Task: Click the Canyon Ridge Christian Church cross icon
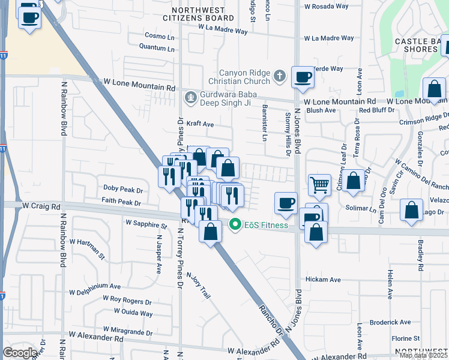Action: click(279, 76)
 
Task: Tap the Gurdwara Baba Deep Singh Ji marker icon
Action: click(190, 96)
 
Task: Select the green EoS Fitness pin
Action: click(235, 226)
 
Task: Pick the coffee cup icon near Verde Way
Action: click(303, 76)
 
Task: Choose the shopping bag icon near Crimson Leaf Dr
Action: click(354, 181)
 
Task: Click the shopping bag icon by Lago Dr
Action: click(412, 211)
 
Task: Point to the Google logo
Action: click(20, 353)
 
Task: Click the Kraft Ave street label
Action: click(200, 124)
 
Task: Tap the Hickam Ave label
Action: click(323, 280)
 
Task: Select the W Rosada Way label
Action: click(326, 7)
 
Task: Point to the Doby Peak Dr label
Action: click(122, 189)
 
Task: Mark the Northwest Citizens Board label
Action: click(198, 14)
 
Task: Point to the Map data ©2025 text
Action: click(423, 356)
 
